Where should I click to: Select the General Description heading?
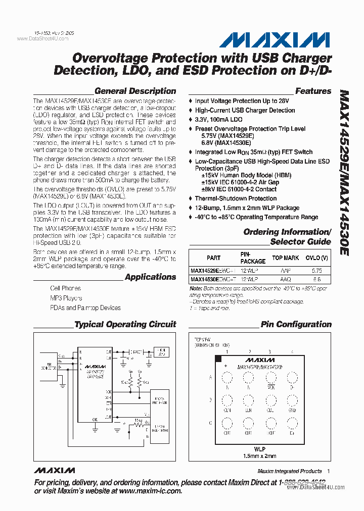coord(135,91)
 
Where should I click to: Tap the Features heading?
coord(313,91)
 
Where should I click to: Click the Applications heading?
coord(150,277)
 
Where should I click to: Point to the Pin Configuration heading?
coord(296,325)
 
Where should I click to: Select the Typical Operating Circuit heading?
coord(125,325)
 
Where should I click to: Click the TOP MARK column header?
coord(285,258)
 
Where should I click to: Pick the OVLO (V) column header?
coord(316,258)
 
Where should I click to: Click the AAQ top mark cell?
coord(285,279)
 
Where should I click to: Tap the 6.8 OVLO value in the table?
coord(316,279)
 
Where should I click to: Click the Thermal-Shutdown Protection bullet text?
coord(236,198)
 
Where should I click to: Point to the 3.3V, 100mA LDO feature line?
coord(218,120)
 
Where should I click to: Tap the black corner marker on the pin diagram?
coord(218,359)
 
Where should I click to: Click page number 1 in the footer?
coord(328,471)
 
